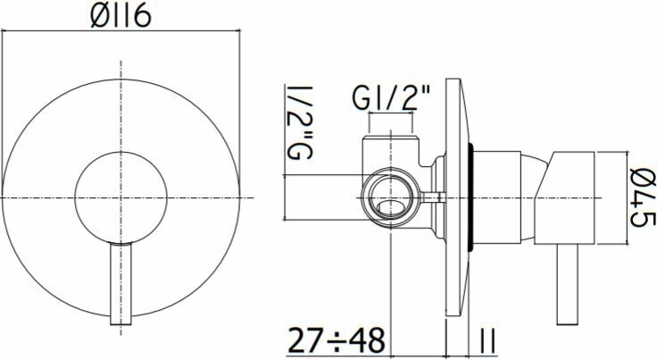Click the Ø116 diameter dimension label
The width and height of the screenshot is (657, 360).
[x=121, y=17]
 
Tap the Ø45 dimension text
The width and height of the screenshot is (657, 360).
[x=643, y=197]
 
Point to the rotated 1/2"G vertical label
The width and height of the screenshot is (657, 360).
[x=299, y=122]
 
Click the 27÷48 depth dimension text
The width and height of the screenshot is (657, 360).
[x=337, y=339]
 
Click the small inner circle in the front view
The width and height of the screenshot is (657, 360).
[x=121, y=197]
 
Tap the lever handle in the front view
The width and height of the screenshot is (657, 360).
[x=121, y=284]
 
